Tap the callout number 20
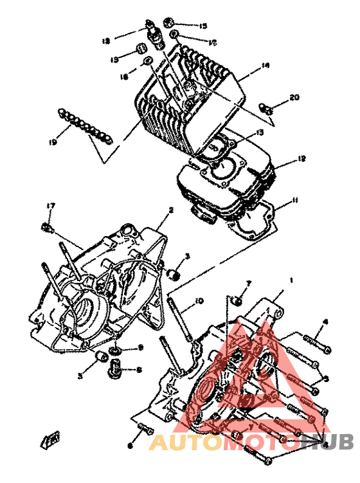(294, 98)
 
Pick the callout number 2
(171, 210)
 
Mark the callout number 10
(199, 300)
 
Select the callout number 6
(129, 445)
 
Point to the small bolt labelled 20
(269, 109)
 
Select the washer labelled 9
(114, 349)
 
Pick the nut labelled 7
(237, 298)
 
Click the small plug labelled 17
(47, 225)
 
